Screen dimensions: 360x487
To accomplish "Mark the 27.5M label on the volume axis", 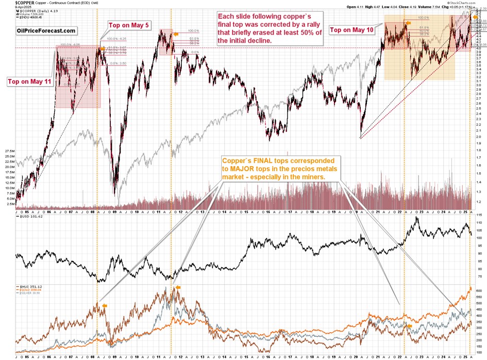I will pos(9,151).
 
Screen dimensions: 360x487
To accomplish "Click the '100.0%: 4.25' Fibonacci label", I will pos(115,39).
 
